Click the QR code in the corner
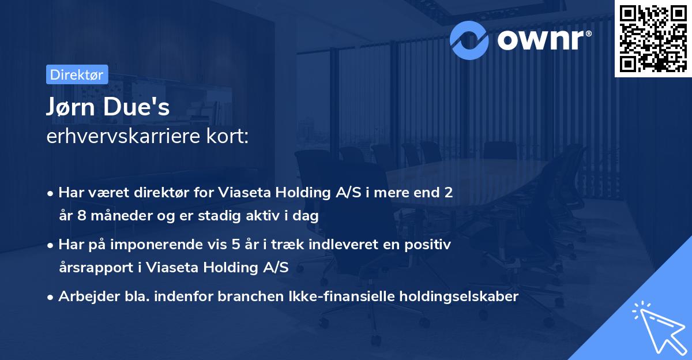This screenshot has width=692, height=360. [x=653, y=39]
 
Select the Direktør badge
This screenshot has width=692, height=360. [x=77, y=74]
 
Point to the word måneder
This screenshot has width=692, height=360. [x=114, y=216]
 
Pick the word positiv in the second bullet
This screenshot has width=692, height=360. [x=429, y=244]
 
